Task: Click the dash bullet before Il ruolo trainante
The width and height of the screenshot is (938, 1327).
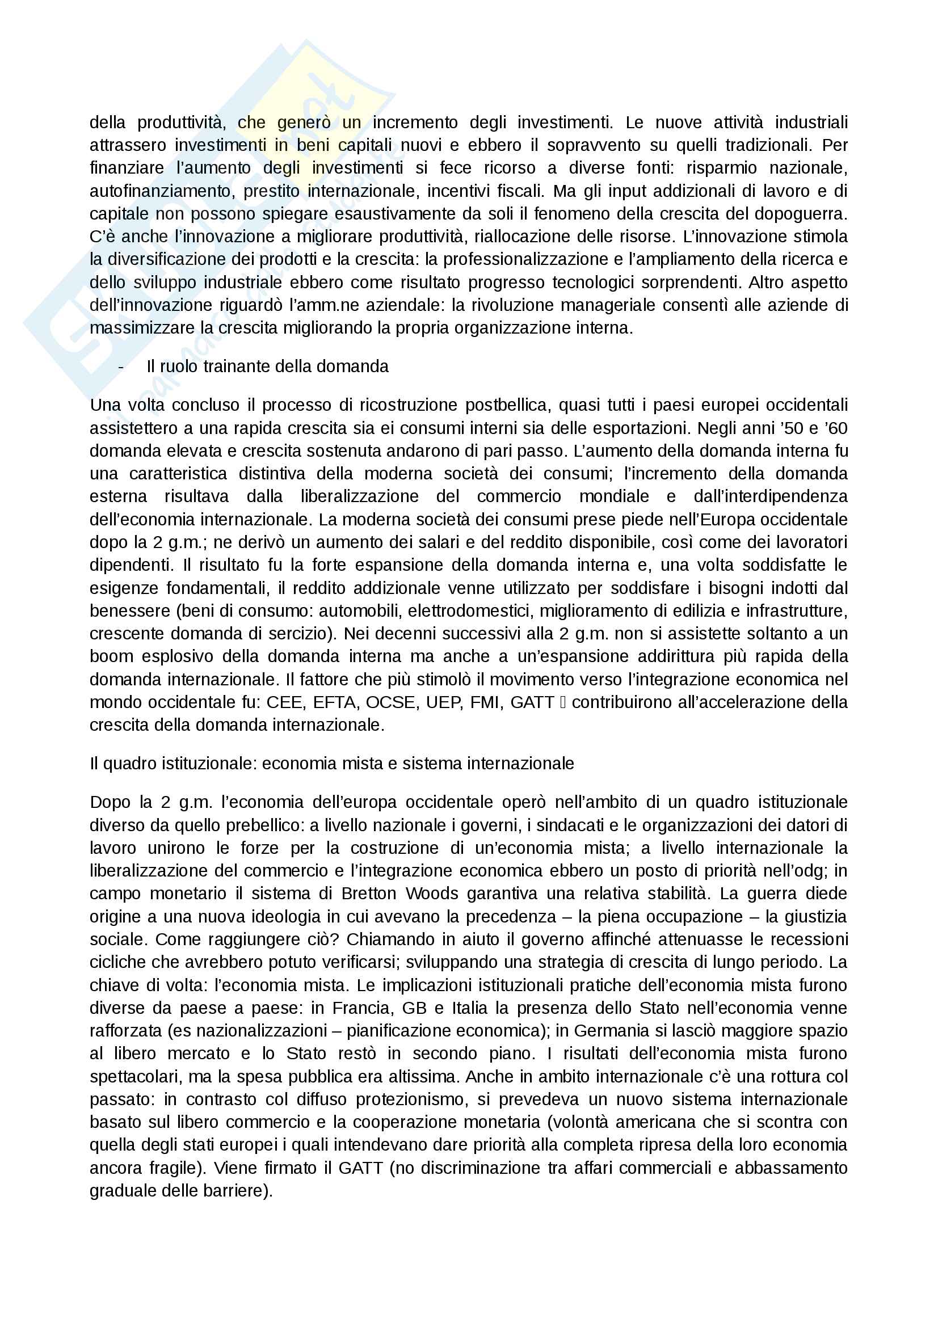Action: tap(121, 367)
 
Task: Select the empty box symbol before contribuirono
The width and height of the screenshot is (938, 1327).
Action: tap(563, 703)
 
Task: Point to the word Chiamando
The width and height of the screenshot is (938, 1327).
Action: tap(387, 940)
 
